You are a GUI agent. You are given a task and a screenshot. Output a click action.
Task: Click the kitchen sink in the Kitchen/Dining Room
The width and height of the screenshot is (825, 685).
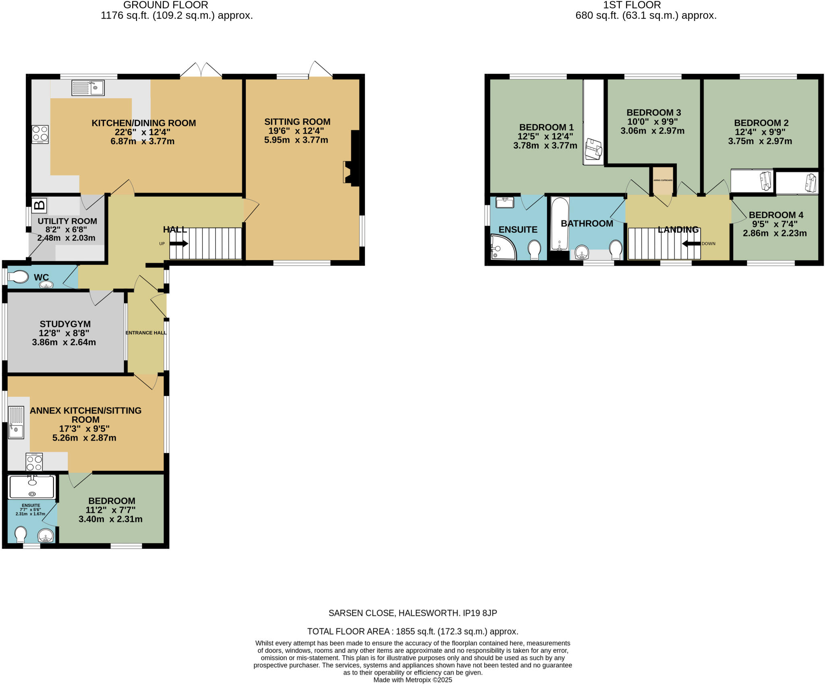88,88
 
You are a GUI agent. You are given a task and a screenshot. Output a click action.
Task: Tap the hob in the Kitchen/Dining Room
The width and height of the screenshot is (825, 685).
40,135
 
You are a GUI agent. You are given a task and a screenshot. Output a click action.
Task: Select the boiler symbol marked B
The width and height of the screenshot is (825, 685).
39,205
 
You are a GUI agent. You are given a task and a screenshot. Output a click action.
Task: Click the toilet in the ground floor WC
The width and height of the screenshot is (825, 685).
19,277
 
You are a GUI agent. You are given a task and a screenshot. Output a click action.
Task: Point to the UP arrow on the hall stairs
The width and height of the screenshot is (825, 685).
179,243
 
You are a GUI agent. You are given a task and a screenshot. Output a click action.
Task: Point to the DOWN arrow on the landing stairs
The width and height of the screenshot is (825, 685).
691,243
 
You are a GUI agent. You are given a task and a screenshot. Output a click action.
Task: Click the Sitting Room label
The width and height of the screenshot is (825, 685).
297,122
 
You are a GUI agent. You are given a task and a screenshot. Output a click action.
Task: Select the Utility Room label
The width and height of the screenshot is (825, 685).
67,221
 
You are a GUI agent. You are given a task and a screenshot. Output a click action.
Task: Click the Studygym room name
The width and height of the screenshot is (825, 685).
65,324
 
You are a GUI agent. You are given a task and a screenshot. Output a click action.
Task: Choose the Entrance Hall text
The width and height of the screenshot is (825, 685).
146,333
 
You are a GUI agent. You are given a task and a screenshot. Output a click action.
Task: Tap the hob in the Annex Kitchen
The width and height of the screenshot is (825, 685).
34,462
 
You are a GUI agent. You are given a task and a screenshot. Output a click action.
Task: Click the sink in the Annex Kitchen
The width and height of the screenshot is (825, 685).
16,422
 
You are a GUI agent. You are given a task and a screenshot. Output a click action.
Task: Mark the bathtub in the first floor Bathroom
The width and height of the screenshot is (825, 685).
560,223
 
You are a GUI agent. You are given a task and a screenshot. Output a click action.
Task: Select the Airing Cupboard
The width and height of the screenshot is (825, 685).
663,180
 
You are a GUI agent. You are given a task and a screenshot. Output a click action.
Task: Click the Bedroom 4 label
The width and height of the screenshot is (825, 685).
776,215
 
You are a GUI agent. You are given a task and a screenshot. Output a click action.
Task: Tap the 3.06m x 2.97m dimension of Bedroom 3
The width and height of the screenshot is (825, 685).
652,130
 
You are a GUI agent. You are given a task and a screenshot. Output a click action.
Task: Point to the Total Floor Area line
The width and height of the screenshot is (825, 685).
412,631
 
